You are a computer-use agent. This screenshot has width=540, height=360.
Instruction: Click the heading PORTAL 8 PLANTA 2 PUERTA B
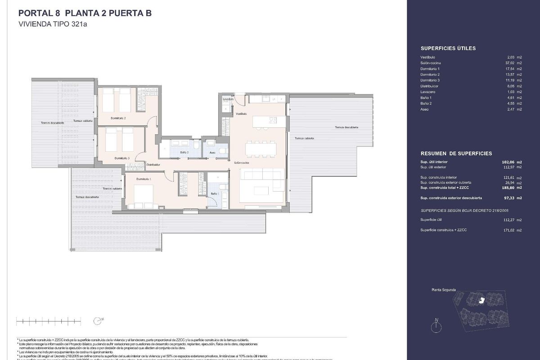[85, 13]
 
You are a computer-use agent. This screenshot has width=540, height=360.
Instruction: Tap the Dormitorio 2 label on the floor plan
[118, 118]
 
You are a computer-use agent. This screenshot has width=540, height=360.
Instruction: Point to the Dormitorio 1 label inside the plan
[144, 179]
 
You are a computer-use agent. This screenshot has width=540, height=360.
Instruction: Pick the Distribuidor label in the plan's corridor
[153, 165]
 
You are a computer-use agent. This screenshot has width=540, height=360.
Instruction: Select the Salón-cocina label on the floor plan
[242, 162]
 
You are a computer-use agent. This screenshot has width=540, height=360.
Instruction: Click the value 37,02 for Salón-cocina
[508, 63]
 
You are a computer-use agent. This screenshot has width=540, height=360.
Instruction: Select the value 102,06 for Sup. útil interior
[507, 162]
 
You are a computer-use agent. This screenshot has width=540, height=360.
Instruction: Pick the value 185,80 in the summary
[507, 187]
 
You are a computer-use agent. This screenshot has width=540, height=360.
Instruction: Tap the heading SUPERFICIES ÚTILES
[448, 48]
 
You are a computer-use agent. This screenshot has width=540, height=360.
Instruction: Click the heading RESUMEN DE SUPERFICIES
[450, 153]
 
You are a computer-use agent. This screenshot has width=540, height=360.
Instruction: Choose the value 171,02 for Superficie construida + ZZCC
[507, 230]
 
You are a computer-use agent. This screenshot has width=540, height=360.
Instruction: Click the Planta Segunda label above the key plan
[444, 290]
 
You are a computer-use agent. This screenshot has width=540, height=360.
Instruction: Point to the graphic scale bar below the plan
[49, 321]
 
